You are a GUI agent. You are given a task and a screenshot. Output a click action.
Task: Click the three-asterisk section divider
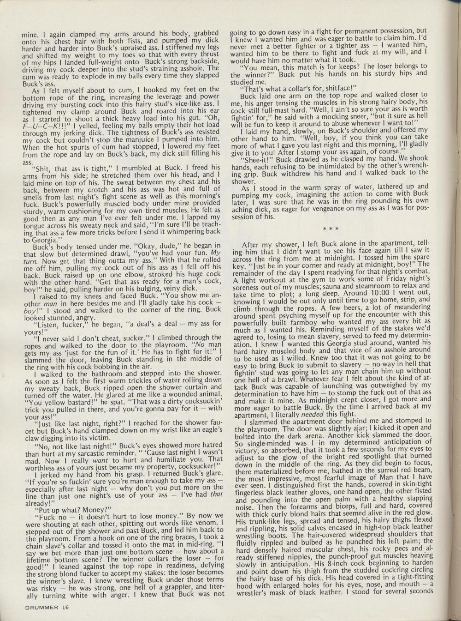pos(331,228)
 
